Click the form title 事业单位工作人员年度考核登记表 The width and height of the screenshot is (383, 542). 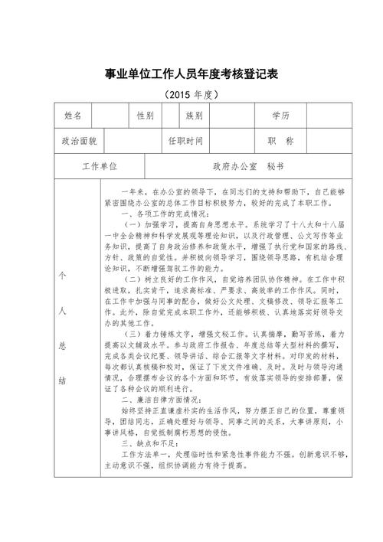point(191,74)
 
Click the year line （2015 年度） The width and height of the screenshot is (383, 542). point(191,96)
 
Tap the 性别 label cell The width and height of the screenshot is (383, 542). point(145,116)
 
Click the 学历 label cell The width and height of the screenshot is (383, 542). point(280,116)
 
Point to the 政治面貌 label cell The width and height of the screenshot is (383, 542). point(79,142)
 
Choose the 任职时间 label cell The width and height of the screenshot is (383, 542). point(185,142)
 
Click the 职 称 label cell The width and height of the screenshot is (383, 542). point(280,142)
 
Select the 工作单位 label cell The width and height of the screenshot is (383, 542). point(100,166)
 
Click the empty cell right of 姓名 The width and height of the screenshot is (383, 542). point(109,116)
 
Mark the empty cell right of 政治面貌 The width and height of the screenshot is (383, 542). point(132,142)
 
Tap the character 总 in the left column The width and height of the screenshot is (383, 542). point(63,345)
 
